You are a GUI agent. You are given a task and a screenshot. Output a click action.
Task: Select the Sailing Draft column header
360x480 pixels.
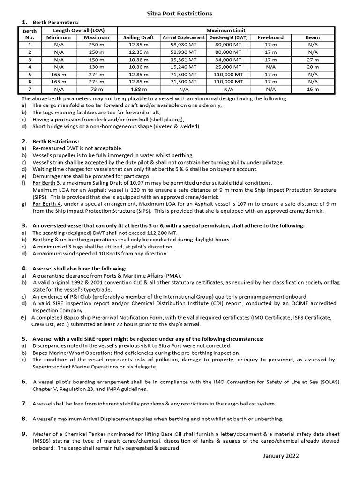(138, 37)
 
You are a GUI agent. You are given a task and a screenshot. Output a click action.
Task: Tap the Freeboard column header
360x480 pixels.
(270, 37)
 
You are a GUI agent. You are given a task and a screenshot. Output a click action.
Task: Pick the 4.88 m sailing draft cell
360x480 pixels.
(138, 89)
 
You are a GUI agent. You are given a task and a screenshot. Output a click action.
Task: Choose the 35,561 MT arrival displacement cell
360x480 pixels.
(184, 60)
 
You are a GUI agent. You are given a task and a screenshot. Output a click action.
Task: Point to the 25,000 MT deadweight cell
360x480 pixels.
(228, 67)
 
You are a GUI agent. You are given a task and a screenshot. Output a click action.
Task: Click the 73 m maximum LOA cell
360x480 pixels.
(97, 89)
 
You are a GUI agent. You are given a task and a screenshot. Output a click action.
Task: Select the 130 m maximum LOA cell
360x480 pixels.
(97, 67)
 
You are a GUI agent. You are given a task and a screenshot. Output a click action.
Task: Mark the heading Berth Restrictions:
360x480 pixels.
(55, 141)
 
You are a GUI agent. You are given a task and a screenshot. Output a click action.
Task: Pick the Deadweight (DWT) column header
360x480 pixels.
(228, 37)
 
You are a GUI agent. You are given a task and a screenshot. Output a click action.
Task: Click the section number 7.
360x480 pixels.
(24, 403)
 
